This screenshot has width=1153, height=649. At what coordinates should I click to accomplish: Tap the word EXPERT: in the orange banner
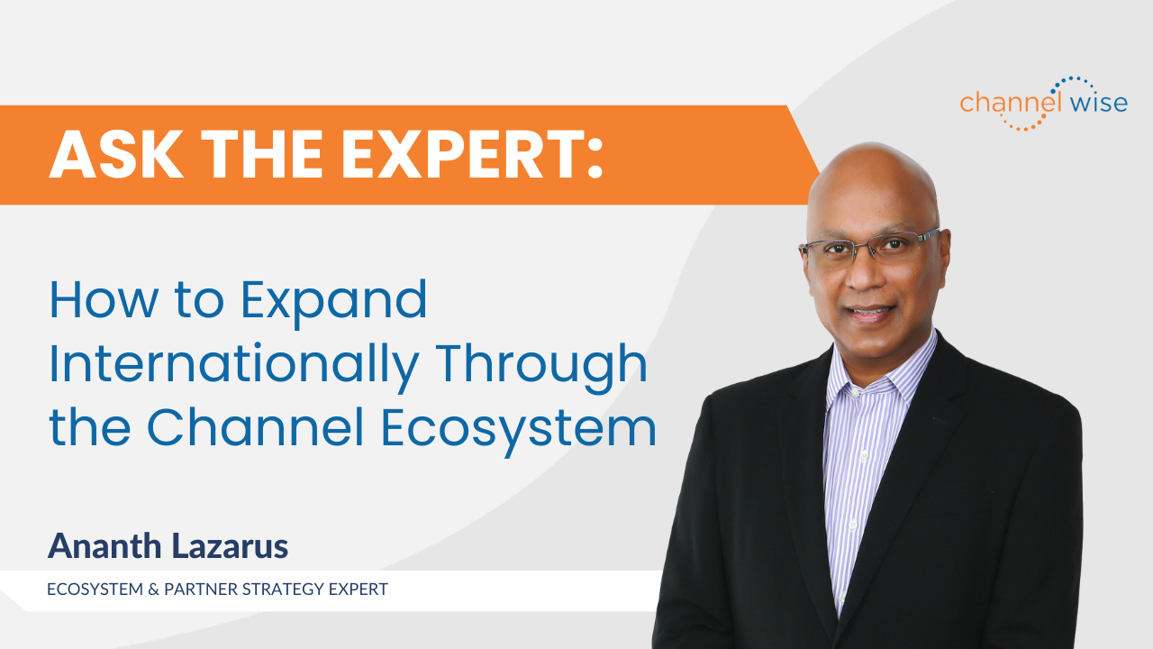[478, 154]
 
